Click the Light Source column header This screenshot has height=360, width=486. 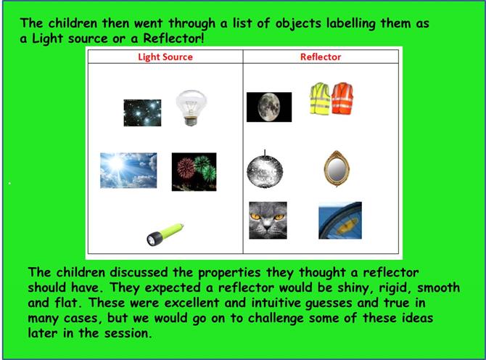click(x=165, y=57)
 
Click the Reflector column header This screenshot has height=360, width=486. click(x=321, y=57)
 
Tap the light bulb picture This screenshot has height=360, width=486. click(x=191, y=107)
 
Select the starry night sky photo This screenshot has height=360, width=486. click(x=142, y=112)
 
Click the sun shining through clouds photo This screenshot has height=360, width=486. click(x=128, y=171)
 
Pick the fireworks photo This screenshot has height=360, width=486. click(x=194, y=172)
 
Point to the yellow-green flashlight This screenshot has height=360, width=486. click(x=165, y=234)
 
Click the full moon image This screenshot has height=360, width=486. click(x=269, y=107)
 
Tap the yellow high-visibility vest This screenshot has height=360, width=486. click(x=320, y=99)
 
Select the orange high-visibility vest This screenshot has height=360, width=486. click(x=342, y=98)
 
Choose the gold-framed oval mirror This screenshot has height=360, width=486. click(x=337, y=168)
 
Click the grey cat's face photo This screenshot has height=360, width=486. click(x=268, y=220)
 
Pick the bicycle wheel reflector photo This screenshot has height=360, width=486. click(x=340, y=220)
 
